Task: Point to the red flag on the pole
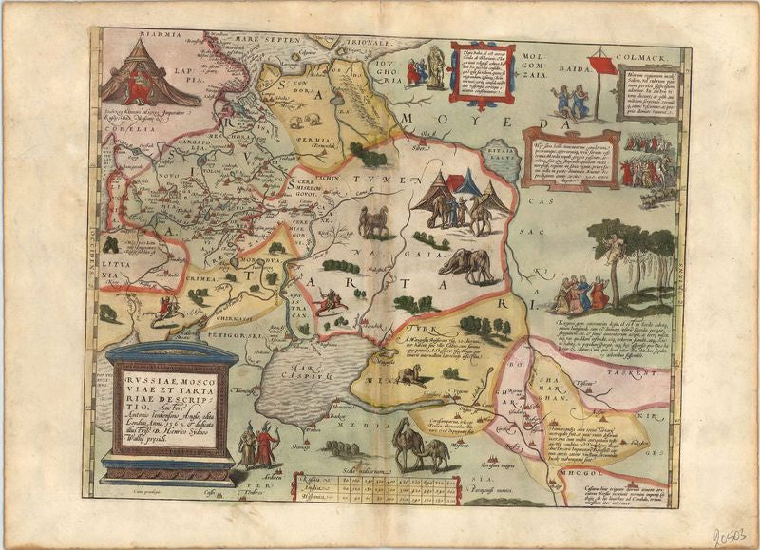point(600,64)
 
